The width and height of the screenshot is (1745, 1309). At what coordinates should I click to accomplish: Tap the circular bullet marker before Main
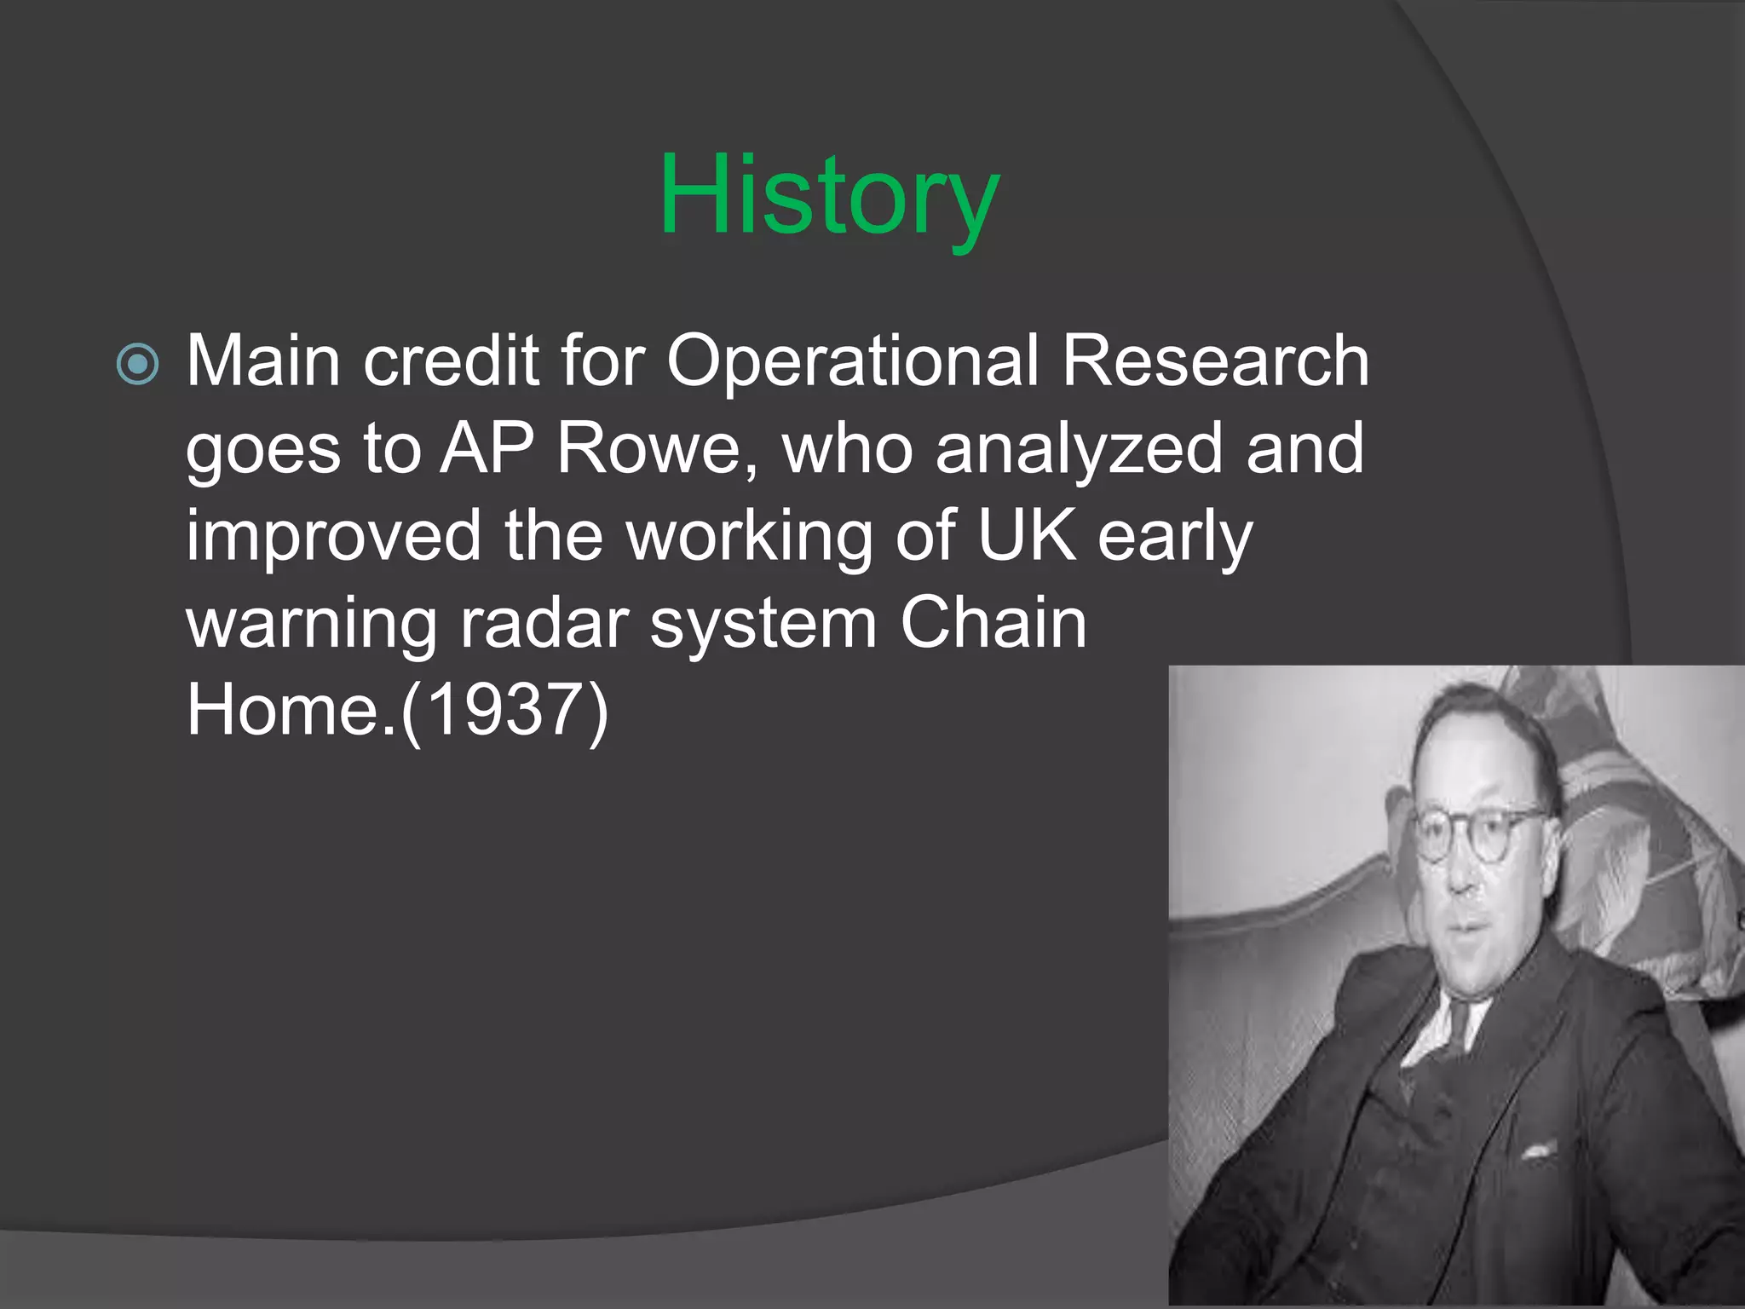[x=137, y=364]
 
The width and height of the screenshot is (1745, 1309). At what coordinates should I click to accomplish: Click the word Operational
[x=852, y=361]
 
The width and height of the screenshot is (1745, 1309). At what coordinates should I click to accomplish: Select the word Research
[x=1215, y=361]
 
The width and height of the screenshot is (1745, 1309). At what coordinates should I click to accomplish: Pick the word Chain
[x=993, y=623]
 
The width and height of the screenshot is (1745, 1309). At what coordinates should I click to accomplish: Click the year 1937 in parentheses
[x=504, y=711]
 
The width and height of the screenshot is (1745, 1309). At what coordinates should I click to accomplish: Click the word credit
[x=452, y=361]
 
